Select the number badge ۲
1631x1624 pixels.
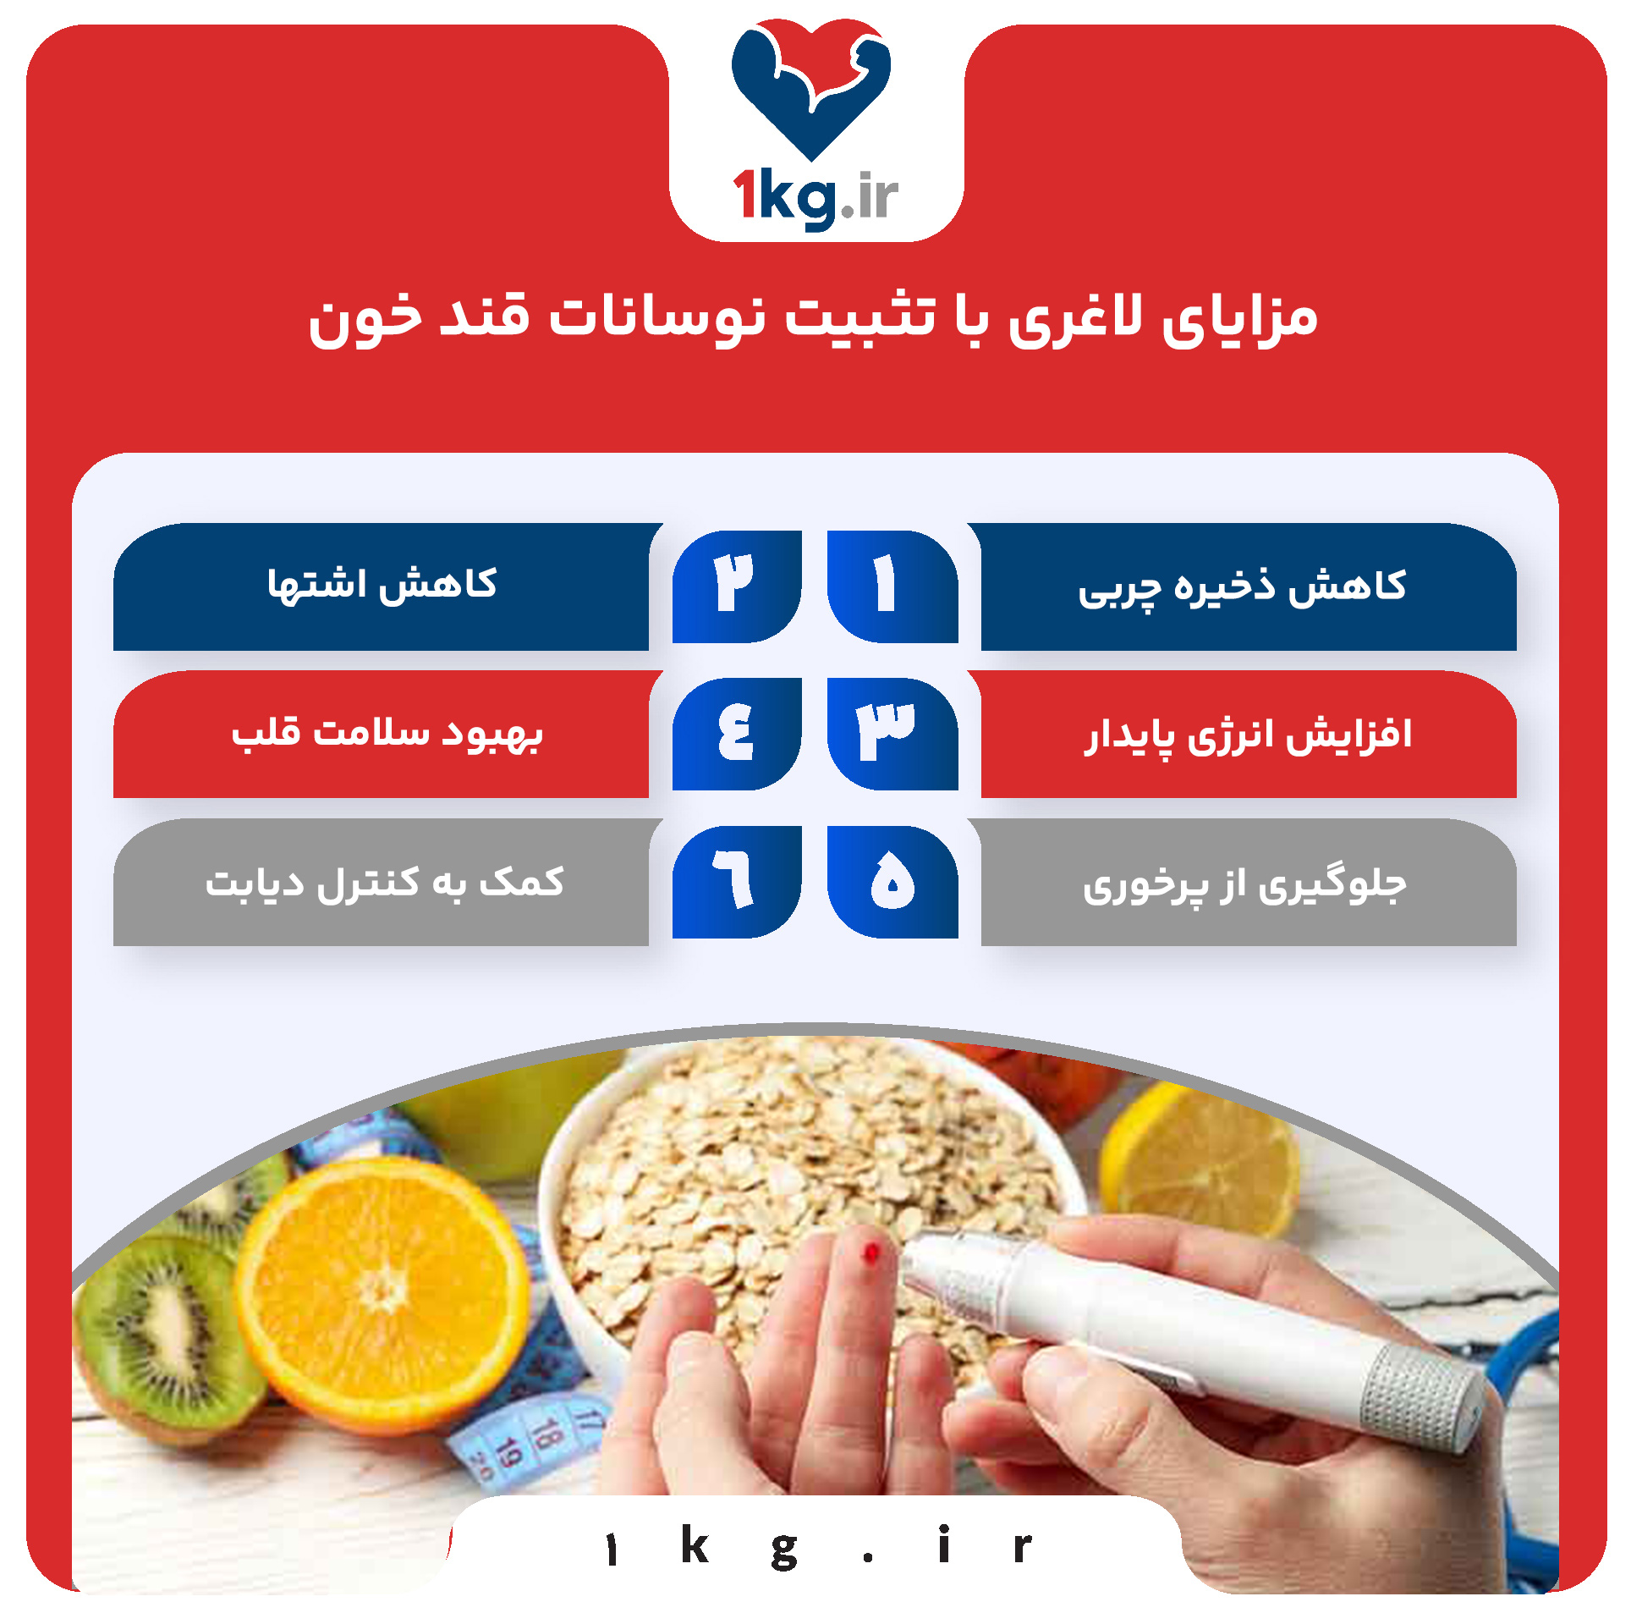tap(735, 586)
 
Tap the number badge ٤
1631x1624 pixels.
tap(735, 733)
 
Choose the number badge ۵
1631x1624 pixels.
tap(892, 881)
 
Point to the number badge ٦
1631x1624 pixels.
tap(735, 881)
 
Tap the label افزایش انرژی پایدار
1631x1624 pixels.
tap(1247, 735)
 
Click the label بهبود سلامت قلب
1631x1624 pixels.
tap(387, 733)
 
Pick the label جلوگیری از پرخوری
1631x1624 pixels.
tap(1245, 884)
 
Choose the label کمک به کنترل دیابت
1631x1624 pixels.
tap(385, 882)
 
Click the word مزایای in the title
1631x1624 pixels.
tap(1240, 320)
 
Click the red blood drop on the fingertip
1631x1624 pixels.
tap(870, 1253)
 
